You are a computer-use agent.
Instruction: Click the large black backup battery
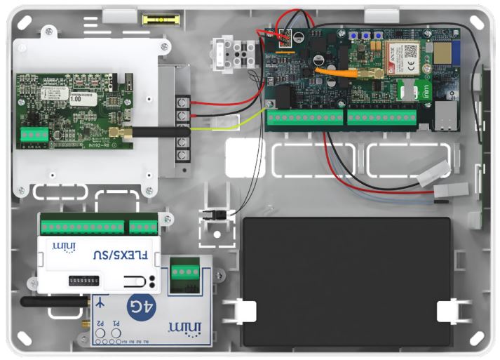344,281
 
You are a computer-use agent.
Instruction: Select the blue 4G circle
137,307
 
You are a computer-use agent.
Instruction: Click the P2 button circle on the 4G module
100,332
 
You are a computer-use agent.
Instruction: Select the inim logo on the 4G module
184,328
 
